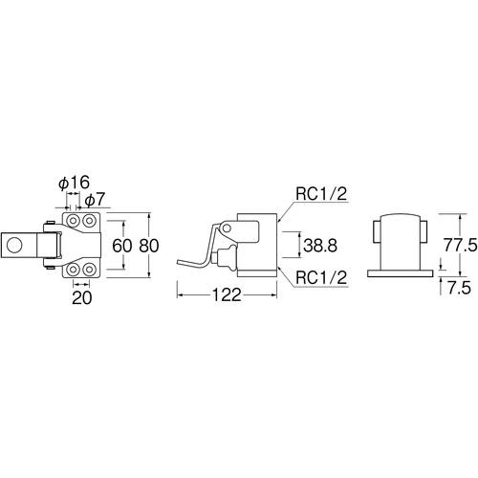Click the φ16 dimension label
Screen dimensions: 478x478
(x=75, y=183)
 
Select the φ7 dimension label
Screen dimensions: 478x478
(x=95, y=200)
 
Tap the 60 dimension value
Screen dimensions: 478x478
(x=121, y=246)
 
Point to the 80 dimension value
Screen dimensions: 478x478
(x=149, y=246)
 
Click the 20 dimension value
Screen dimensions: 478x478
(x=82, y=298)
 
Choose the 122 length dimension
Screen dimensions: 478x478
(x=227, y=295)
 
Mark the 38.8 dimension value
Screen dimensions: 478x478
(x=320, y=246)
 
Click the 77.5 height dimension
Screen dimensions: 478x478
(x=460, y=246)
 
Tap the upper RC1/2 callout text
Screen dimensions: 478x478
(x=321, y=194)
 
